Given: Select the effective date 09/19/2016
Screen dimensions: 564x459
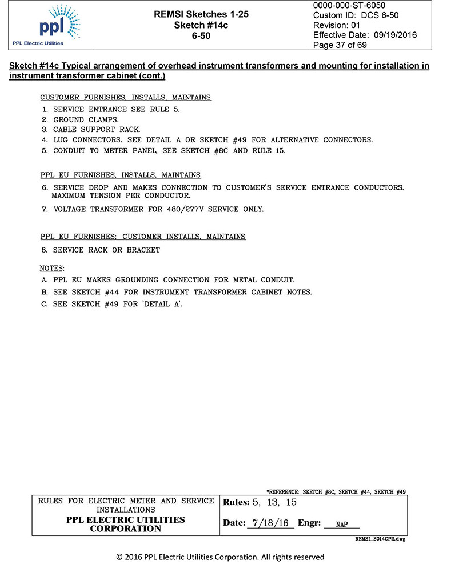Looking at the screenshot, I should click(395, 35).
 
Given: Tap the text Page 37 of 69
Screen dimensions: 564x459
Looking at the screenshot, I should click(340, 45).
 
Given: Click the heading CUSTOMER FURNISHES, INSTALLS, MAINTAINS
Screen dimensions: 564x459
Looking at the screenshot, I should click(126, 98).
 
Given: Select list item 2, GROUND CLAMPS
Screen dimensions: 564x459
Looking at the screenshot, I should click(86, 119).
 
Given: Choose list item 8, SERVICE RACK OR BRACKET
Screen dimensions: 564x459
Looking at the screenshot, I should click(106, 250).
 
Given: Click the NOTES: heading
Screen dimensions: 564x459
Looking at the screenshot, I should click(52, 267).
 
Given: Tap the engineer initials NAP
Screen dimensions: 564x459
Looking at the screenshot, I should click(341, 524).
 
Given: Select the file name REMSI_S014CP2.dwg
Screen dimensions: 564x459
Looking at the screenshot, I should click(380, 539).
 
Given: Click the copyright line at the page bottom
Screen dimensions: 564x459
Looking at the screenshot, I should click(220, 557).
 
